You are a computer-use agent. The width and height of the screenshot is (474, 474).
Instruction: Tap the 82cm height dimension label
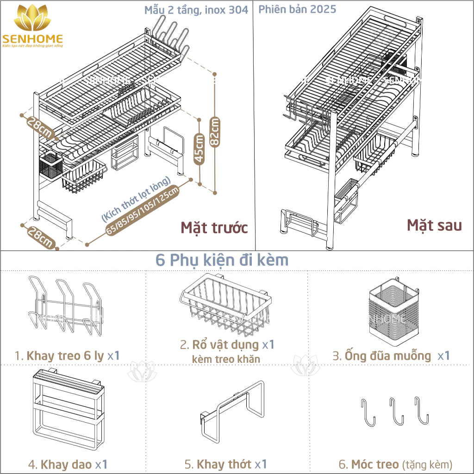coord(215,131)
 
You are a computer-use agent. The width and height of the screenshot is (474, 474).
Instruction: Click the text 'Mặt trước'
coord(214,228)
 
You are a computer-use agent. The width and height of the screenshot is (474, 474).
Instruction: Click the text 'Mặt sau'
coord(434,225)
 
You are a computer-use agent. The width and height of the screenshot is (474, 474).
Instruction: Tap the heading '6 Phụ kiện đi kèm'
coord(222,260)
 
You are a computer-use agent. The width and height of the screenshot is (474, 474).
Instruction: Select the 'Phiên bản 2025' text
coord(297,9)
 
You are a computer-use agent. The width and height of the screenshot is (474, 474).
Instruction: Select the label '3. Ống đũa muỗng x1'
coord(391,356)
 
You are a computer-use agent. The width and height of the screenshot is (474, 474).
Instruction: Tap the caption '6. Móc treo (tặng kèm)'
coord(395,464)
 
